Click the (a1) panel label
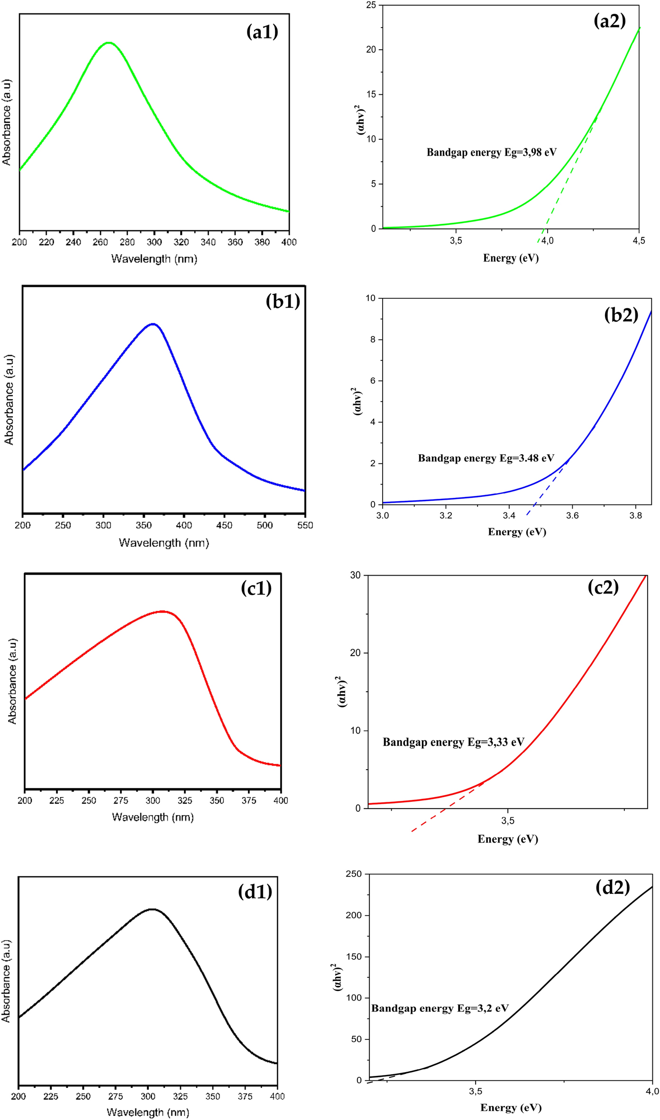tap(262, 32)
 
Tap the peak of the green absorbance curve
tap(109, 43)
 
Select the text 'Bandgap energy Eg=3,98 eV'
tap(491, 153)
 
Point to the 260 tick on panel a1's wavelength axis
tap(100, 242)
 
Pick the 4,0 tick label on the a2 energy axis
tap(547, 241)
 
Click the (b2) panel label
tap(621, 315)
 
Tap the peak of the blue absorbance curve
tap(153, 324)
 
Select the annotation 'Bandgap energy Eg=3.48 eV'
tap(486, 459)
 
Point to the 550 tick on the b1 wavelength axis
tap(305, 525)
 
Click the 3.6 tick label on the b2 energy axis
tap(572, 516)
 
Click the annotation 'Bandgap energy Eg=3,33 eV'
tap(453, 742)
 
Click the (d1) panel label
tap(255, 892)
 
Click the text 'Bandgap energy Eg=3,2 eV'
tap(440, 1009)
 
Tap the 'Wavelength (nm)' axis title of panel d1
tap(148, 1112)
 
